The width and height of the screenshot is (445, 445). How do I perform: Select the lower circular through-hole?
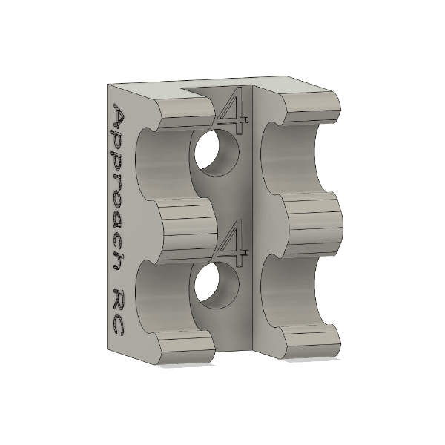[217, 287]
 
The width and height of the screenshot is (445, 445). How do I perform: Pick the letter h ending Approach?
[119, 260]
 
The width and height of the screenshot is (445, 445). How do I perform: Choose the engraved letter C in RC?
[119, 325]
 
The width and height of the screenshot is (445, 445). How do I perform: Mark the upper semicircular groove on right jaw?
[293, 159]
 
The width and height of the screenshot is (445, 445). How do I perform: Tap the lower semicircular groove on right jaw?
[293, 293]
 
